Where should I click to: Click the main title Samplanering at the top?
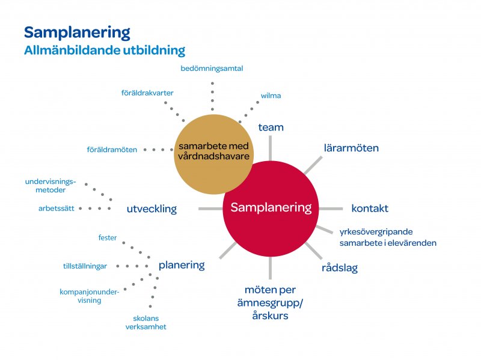pyautogui.click(x=77, y=32)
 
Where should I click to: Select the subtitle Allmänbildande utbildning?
pyautogui.click(x=105, y=50)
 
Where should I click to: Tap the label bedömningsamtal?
pyautogui.click(x=212, y=69)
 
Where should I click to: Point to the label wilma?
pyautogui.click(x=271, y=96)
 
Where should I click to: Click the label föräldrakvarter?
pyautogui.click(x=147, y=93)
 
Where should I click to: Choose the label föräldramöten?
pyautogui.click(x=112, y=149)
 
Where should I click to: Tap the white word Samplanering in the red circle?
pyautogui.click(x=271, y=208)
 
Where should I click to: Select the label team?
pyautogui.click(x=271, y=127)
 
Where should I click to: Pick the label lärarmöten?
pyautogui.click(x=351, y=148)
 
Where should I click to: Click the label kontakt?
pyautogui.click(x=370, y=209)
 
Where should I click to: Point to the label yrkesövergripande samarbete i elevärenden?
pyautogui.click(x=387, y=237)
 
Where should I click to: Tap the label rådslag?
pyautogui.click(x=339, y=268)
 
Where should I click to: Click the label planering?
pyautogui.click(x=182, y=265)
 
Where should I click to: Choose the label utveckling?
pyautogui.click(x=152, y=209)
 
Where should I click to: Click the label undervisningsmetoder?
pyautogui.click(x=51, y=186)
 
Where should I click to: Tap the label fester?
pyautogui.click(x=108, y=238)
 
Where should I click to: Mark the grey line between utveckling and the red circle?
pyautogui.click(x=210, y=209)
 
